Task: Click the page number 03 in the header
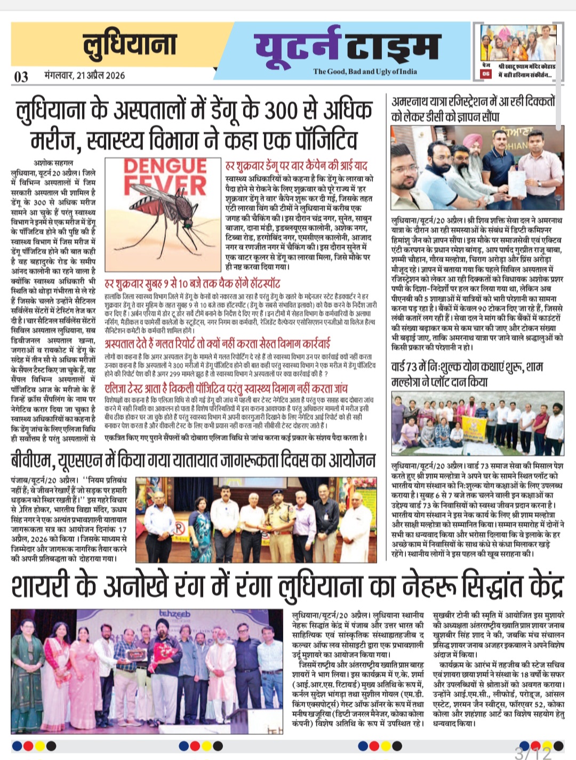point(21,77)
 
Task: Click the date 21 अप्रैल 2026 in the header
point(85,75)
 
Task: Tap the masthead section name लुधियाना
point(130,44)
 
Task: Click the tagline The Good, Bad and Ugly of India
point(365,71)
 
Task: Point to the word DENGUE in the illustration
point(164,166)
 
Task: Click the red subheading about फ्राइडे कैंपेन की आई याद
point(297,166)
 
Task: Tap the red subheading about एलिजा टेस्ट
point(226,388)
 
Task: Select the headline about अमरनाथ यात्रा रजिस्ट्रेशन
point(473,108)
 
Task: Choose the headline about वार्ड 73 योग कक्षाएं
point(467,374)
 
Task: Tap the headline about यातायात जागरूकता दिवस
point(193,460)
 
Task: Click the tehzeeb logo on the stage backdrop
point(174,614)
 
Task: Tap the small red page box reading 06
point(485,74)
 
